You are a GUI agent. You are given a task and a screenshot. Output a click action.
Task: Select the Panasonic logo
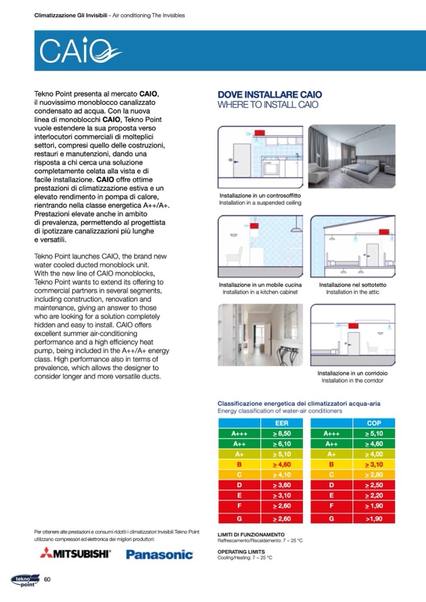[160, 554]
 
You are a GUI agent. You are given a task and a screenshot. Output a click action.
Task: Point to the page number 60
[46, 579]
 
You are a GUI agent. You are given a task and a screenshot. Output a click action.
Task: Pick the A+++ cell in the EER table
[239, 433]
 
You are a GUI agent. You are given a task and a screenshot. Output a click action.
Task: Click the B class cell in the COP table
[330, 465]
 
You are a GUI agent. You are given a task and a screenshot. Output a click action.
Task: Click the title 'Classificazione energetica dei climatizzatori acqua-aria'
[298, 404]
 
